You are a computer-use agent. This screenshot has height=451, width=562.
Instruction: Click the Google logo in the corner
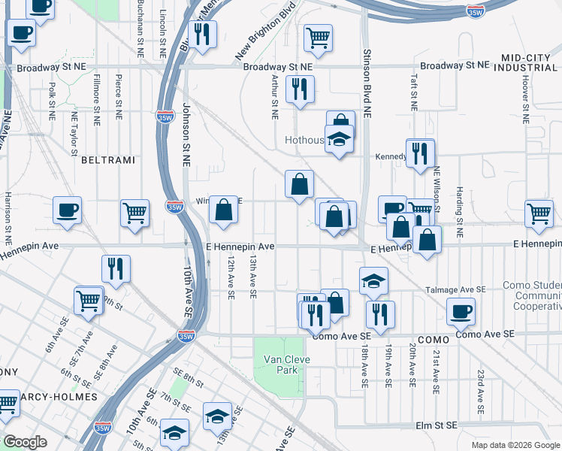point(24,442)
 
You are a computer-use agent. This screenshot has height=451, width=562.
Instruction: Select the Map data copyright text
point(515,445)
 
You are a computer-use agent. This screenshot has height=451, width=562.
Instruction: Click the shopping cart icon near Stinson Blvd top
point(319,37)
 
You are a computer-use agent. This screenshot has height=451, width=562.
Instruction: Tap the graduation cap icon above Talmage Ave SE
point(373,280)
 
